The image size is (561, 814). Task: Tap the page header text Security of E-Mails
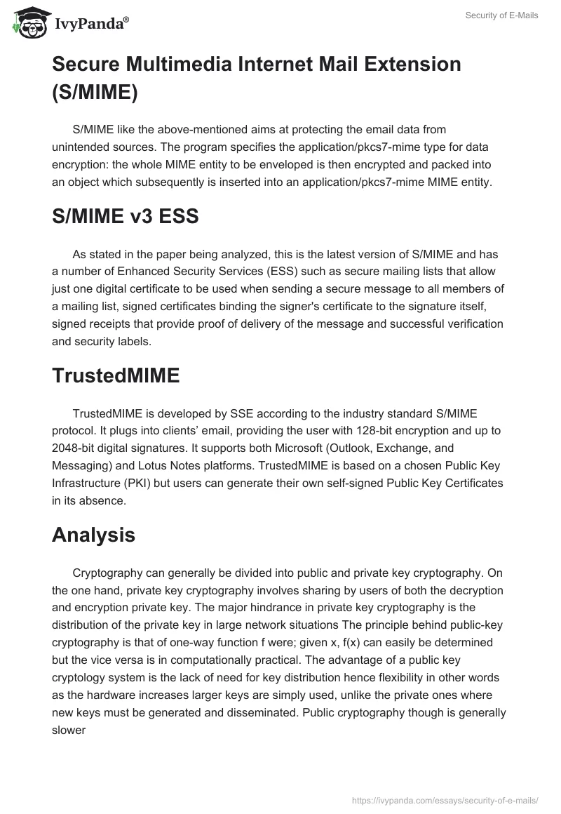coord(501,15)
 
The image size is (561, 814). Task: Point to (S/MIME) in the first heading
coord(94,92)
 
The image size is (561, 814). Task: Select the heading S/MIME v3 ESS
coord(126,217)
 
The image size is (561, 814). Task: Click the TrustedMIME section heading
coord(116,375)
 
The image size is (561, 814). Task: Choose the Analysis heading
coord(93,535)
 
